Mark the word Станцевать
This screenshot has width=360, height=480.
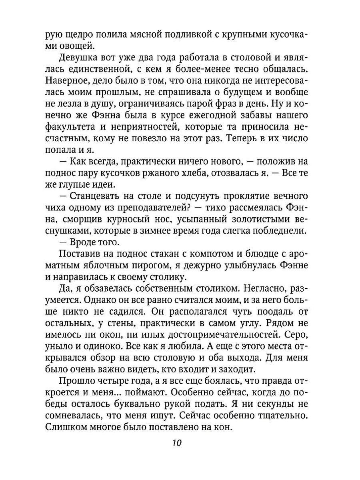tap(93, 197)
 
